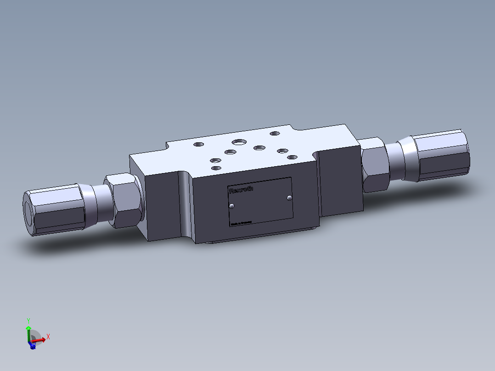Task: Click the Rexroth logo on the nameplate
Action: (241, 190)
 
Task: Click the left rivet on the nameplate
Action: (231, 206)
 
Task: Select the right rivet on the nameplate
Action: (289, 198)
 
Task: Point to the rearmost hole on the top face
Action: (275, 134)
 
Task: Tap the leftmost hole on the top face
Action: (198, 144)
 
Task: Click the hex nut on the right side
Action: (375, 164)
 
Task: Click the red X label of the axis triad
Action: (48, 337)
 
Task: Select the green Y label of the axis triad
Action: (28, 321)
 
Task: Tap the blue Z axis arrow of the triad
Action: (32, 345)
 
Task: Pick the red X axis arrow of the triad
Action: (39, 340)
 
